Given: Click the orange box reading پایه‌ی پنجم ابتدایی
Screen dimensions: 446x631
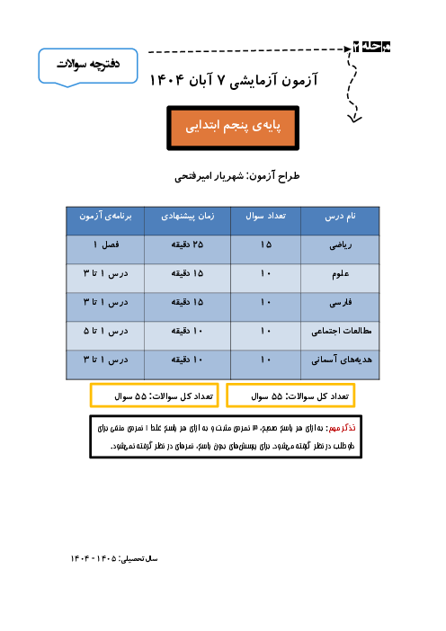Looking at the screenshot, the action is tap(222, 129).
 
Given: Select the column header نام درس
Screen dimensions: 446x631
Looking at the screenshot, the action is tap(340, 218).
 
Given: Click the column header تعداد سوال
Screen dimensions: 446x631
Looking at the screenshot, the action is tap(266, 218).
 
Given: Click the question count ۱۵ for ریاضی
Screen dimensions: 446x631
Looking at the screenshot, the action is tap(266, 245).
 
